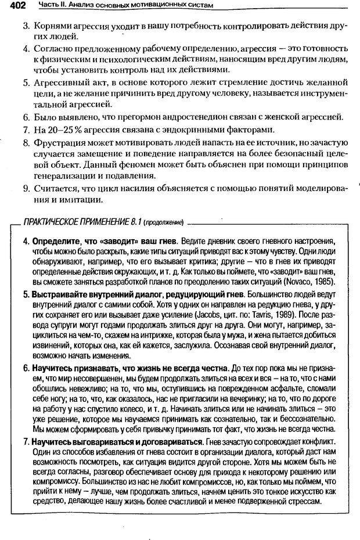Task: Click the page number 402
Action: [x=13, y=5]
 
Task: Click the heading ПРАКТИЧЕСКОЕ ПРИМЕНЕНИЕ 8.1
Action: [x=81, y=221]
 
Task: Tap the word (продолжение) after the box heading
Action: [x=164, y=222]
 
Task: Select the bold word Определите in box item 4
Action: [x=52, y=240]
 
